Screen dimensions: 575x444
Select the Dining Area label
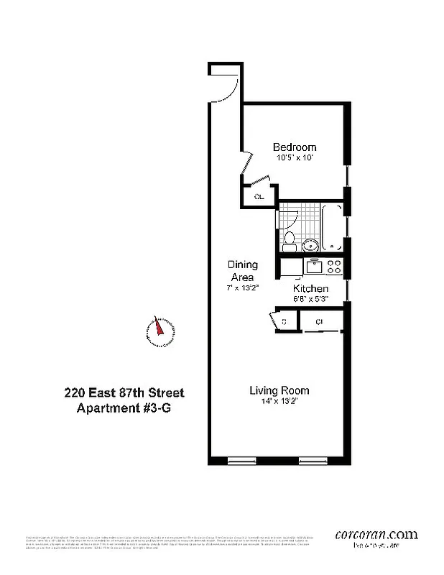[x=242, y=271]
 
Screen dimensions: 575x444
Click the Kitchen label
[x=310, y=288]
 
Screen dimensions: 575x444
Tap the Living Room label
[x=279, y=390]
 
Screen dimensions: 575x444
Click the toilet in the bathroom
[x=289, y=237]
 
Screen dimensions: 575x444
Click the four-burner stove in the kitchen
[x=333, y=267]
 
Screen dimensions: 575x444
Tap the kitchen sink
[x=314, y=267]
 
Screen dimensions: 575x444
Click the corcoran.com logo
[x=376, y=534]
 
